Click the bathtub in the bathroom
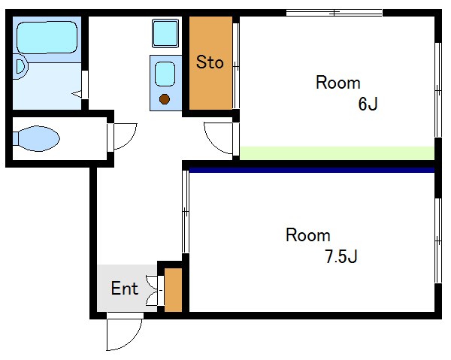[47, 38]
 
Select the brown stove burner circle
[165, 99]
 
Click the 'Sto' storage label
[210, 62]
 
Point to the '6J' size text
[368, 104]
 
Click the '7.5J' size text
[341, 256]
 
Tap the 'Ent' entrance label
[125, 289]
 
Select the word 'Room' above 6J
[338, 83]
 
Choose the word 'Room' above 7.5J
[307, 235]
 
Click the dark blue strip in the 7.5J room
[311, 170]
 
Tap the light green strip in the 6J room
[337, 153]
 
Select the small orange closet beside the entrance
[173, 290]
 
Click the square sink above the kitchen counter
[165, 33]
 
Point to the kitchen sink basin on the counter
[165, 74]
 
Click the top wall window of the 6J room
[334, 13]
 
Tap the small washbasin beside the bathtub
[20, 66]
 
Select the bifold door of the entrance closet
[153, 290]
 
